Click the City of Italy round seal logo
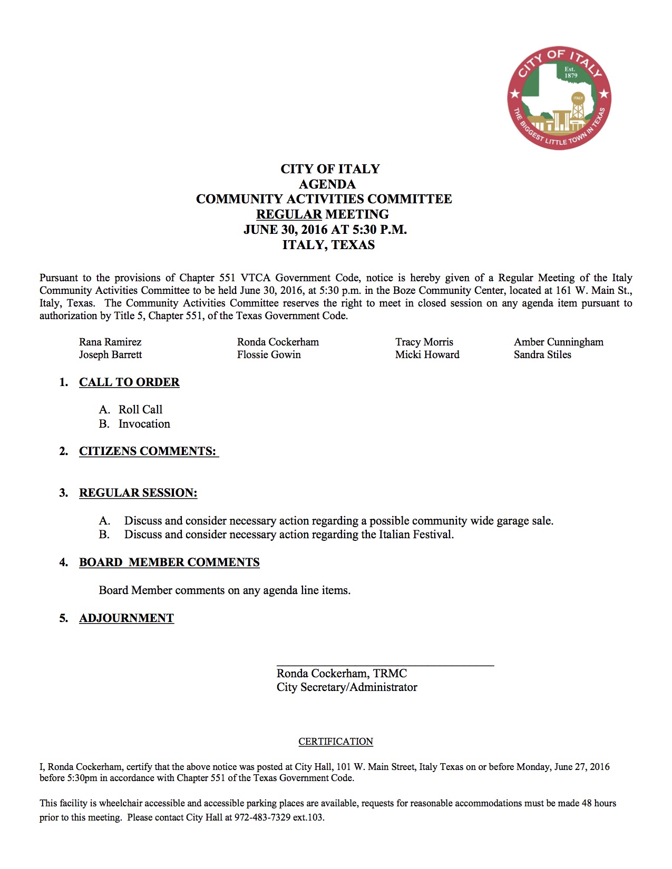click(559, 97)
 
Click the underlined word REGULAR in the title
click(289, 214)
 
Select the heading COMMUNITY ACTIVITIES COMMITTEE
click(324, 199)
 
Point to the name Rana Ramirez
click(110, 342)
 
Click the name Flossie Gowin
click(269, 354)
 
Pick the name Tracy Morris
click(424, 342)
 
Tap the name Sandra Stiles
click(542, 354)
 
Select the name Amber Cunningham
click(559, 342)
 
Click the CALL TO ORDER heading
click(129, 382)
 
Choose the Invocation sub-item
click(144, 424)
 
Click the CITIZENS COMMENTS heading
click(148, 451)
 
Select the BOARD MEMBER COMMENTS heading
click(169, 562)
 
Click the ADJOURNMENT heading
click(126, 618)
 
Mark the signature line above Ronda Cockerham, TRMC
click(385, 666)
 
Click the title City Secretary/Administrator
click(347, 687)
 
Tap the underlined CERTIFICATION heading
click(336, 742)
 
